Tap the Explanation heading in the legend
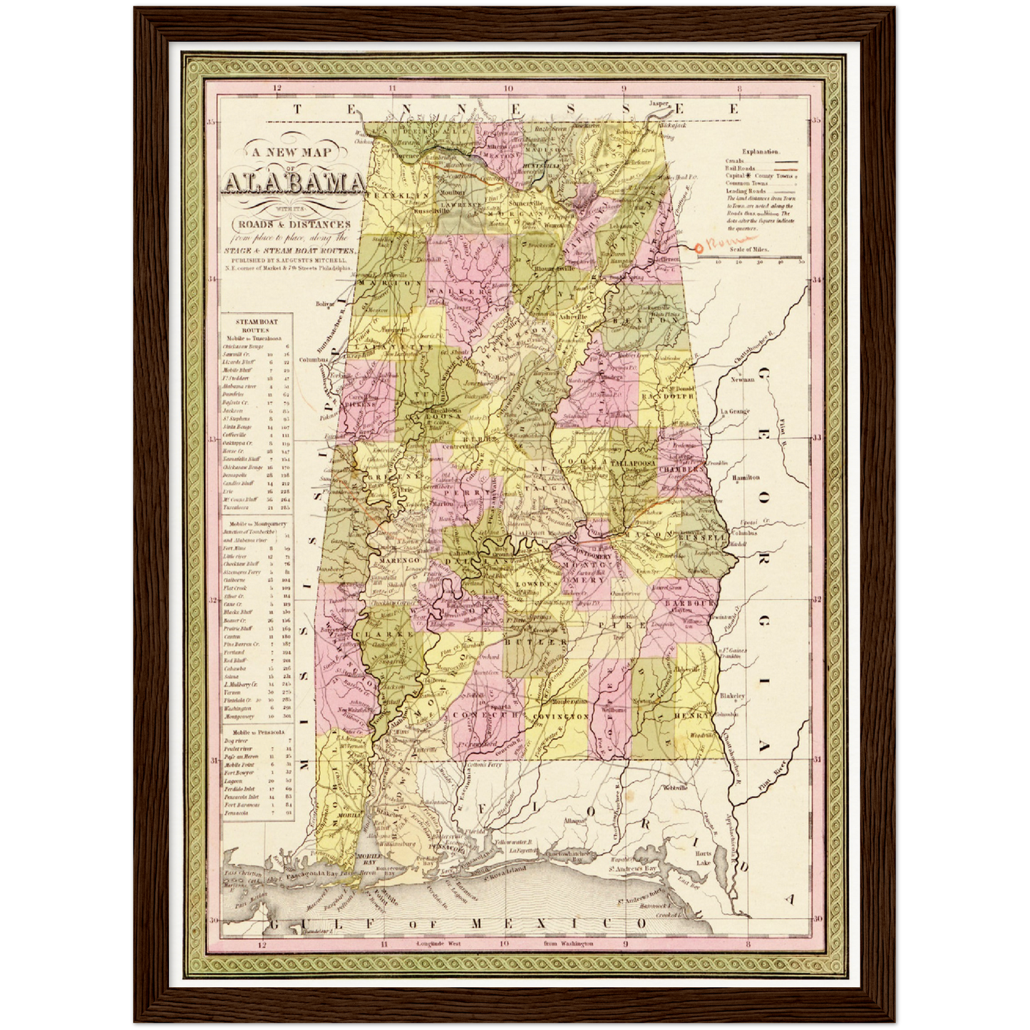tap(761, 151)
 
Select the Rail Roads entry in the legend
tap(741, 168)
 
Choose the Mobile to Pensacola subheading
tap(255, 731)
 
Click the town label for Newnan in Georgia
tap(743, 379)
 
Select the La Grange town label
tap(734, 411)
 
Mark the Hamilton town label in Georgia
tap(746, 478)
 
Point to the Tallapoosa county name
tap(627, 463)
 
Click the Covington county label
tap(560, 716)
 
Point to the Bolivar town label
tap(324, 303)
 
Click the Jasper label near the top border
tap(659, 103)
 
